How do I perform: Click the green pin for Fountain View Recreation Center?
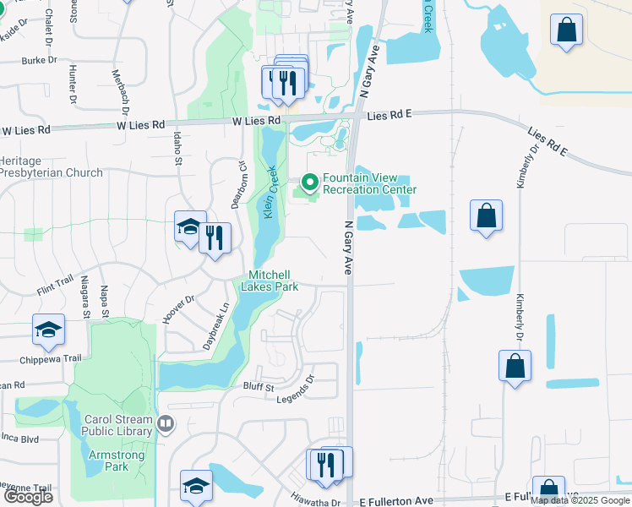(x=309, y=182)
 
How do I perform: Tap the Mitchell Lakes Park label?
(x=270, y=281)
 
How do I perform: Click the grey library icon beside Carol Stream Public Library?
(x=166, y=423)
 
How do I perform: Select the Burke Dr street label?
(x=39, y=61)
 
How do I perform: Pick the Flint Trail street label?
(x=55, y=286)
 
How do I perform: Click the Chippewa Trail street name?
(x=51, y=358)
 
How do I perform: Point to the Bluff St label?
(x=259, y=387)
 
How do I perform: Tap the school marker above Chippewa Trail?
(x=49, y=330)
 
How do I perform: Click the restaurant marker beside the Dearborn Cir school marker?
(x=215, y=238)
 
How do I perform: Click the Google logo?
(x=28, y=497)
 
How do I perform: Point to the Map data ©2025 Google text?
(x=580, y=500)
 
